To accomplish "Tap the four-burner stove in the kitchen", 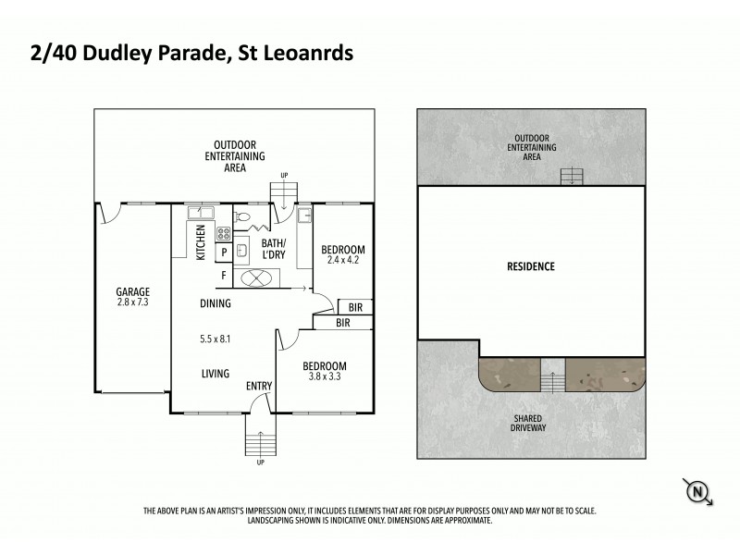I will (224, 232).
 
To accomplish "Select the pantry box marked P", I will (223, 253).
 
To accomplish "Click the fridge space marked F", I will (223, 275).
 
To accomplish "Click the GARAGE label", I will (132, 291).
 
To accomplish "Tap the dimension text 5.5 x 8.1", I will (216, 339).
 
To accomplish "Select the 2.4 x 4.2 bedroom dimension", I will (342, 261).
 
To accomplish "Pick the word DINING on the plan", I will (216, 303).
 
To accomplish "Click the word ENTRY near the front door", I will (260, 387).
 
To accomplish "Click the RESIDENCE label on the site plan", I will (530, 267).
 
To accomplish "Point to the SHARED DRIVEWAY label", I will (530, 422).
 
